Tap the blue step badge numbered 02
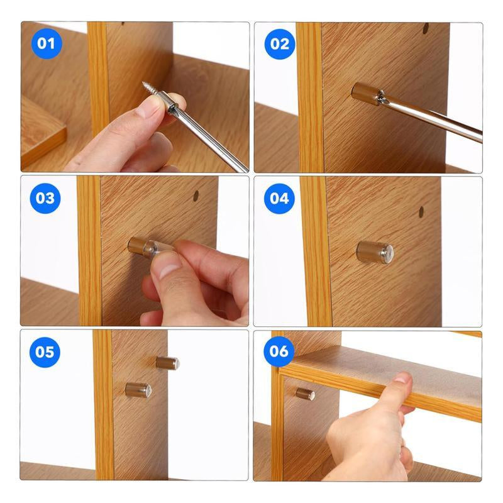[280, 44]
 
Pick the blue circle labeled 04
[279, 198]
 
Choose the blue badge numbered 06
[279, 351]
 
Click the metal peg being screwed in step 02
[363, 94]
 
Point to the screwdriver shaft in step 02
[434, 119]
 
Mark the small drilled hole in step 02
[426, 28]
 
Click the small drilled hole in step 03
[196, 196]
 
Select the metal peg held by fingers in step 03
[138, 245]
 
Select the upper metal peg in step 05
[167, 363]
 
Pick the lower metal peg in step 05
[138, 390]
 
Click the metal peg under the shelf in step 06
[305, 394]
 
